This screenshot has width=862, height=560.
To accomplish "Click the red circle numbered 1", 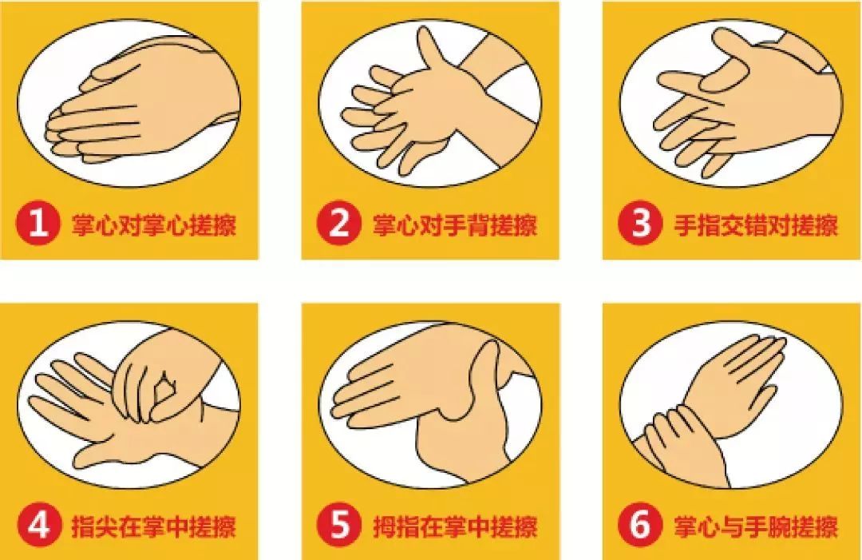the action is click(x=38, y=223).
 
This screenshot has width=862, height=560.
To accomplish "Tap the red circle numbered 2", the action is click(x=339, y=223).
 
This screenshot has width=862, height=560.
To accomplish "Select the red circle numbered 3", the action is click(x=640, y=223).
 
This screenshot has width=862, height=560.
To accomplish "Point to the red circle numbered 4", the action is click(x=38, y=526).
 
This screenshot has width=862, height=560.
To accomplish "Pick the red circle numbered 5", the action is click(x=339, y=526).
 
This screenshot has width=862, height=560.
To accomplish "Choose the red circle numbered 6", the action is click(x=640, y=526).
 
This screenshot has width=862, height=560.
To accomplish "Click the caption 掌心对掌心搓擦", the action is click(x=154, y=224).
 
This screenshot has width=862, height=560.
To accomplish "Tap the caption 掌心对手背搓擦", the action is click(x=455, y=224).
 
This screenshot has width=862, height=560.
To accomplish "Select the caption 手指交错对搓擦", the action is click(x=757, y=224).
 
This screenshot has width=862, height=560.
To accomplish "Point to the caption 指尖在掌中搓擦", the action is click(x=154, y=526).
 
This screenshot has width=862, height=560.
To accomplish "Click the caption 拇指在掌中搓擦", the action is click(x=455, y=526).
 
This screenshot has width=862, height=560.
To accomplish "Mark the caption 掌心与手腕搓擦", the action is click(x=757, y=526).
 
